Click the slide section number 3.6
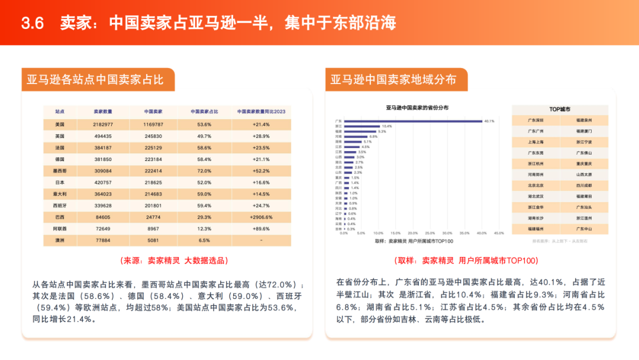[33, 23]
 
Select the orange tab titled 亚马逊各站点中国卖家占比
[95, 79]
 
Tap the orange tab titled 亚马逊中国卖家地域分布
[393, 79]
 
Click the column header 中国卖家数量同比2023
[261, 111]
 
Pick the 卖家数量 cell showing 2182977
[103, 125]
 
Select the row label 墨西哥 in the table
[59, 171]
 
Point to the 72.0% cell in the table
[204, 171]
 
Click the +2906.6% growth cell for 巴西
[261, 217]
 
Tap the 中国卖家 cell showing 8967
[153, 229]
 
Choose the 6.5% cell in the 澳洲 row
[204, 240]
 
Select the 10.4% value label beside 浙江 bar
[387, 126]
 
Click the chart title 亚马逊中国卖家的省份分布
[417, 108]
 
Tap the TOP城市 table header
[560, 110]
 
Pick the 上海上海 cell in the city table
[535, 142]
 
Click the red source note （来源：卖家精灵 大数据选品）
[174, 261]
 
